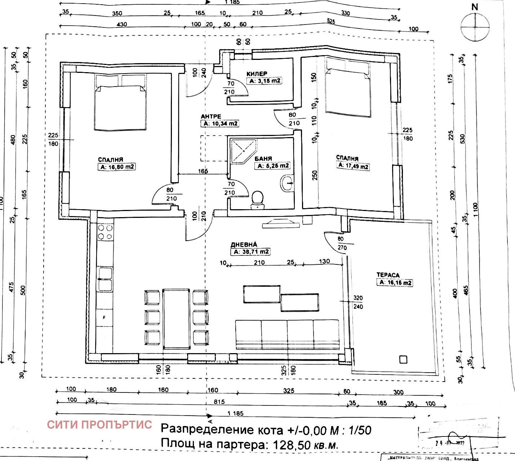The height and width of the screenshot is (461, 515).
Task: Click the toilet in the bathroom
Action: pyautogui.click(x=257, y=200)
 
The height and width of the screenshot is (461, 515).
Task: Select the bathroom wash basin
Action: pyautogui.click(x=287, y=183)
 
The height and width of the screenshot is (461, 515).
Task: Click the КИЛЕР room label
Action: pyautogui.click(x=257, y=74)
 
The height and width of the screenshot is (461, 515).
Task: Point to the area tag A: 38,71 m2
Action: pyautogui.click(x=250, y=252)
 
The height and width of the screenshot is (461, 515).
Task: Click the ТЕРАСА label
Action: pyautogui.click(x=388, y=275)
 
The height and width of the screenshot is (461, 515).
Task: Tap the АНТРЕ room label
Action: pyautogui.click(x=211, y=117)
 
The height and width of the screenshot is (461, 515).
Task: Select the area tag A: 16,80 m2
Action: pyautogui.click(x=116, y=167)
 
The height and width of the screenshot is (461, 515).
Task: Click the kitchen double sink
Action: pyautogui.click(x=105, y=279)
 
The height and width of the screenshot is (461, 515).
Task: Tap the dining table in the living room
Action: pyautogui.click(x=176, y=319)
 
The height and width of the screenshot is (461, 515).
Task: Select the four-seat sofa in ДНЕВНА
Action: pyautogui.click(x=287, y=334)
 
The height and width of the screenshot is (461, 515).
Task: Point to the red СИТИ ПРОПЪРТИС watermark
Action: pyautogui.click(x=99, y=424)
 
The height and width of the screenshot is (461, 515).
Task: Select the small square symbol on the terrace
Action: pyautogui.click(x=403, y=359)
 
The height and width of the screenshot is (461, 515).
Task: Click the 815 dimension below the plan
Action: pyautogui.click(x=219, y=402)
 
